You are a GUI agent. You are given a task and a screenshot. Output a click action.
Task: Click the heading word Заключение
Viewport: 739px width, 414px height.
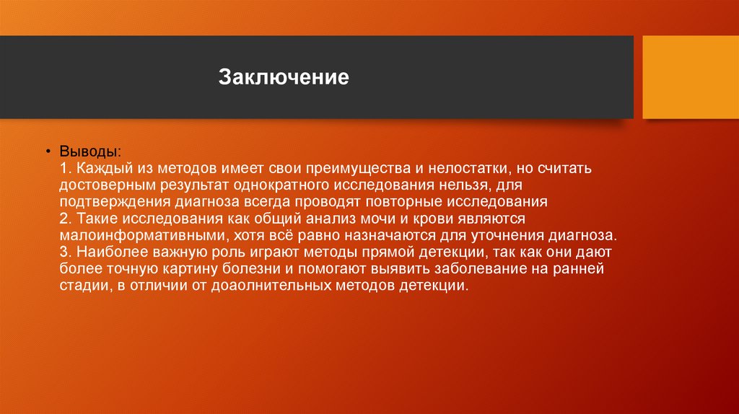tap(284, 77)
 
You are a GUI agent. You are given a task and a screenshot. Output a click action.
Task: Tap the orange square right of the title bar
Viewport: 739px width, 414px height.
tap(691, 77)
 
